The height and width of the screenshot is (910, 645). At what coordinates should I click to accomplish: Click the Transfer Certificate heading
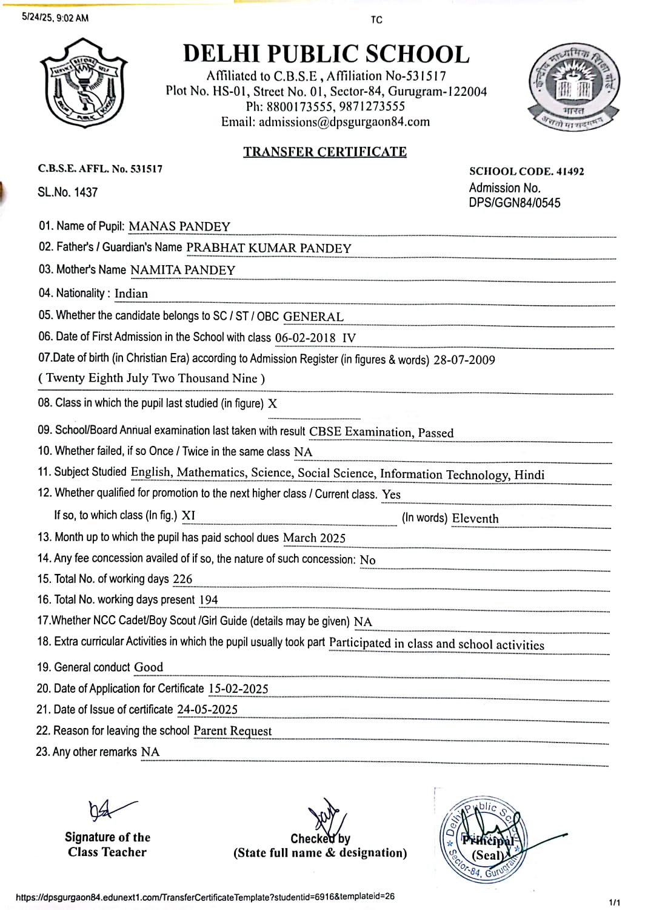(x=325, y=152)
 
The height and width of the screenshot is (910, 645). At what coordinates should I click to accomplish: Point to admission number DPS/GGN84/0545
(x=514, y=203)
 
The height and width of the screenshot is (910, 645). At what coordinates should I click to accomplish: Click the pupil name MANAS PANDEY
(x=179, y=227)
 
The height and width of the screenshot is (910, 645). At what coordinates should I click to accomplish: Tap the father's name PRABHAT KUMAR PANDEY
(x=269, y=248)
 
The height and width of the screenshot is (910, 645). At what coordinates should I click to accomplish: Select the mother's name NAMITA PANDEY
(x=182, y=270)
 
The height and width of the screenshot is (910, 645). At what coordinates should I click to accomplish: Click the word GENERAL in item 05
(x=313, y=317)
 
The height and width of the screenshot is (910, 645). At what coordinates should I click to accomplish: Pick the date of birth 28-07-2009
(x=464, y=360)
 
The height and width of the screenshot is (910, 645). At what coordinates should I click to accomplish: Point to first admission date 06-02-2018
(x=306, y=338)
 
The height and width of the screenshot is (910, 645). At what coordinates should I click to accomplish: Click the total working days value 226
(x=182, y=579)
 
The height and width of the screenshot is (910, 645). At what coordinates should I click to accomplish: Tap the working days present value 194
(x=209, y=600)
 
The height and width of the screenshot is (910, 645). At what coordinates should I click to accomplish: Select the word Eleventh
(x=475, y=519)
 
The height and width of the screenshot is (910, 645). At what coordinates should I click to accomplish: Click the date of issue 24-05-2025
(x=207, y=709)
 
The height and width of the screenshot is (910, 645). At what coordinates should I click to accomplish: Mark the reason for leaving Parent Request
(x=232, y=731)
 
